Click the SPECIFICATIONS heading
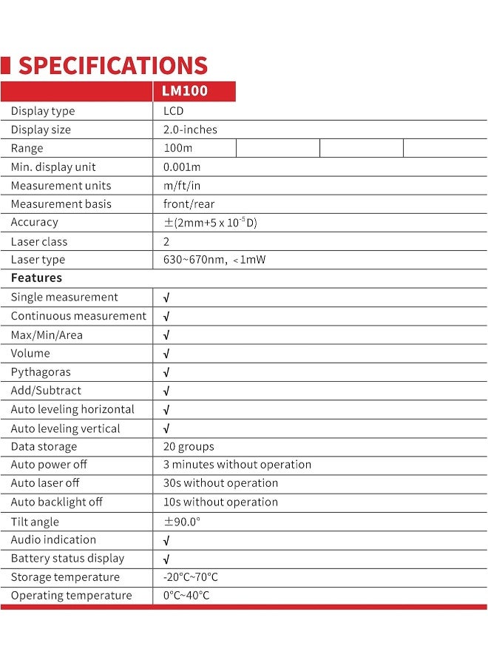(x=112, y=65)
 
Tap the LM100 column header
(x=186, y=92)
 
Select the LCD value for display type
(x=173, y=111)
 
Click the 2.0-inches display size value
(x=190, y=129)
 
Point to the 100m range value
(x=177, y=148)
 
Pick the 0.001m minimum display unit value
(x=181, y=167)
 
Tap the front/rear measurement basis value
(x=188, y=203)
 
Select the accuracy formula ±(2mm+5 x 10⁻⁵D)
(x=210, y=223)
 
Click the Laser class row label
(x=38, y=241)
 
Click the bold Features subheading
(x=36, y=278)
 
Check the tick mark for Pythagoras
(x=166, y=372)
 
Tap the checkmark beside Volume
(x=166, y=354)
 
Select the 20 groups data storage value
(x=189, y=447)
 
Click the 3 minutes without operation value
(x=237, y=465)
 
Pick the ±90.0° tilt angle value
(x=182, y=522)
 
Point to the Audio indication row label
(x=53, y=540)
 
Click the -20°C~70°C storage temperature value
(x=190, y=577)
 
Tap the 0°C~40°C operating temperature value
(x=186, y=596)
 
